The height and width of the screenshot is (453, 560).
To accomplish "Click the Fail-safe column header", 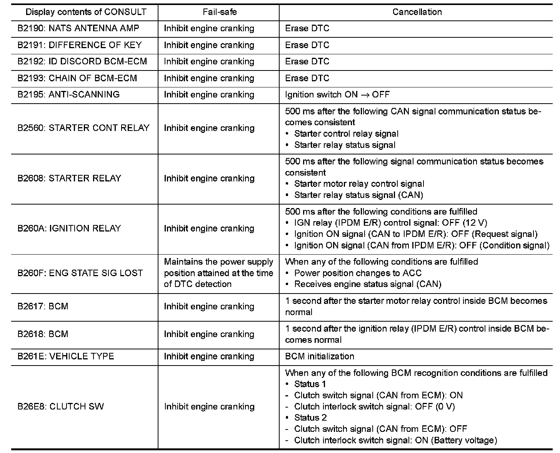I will point(220,12).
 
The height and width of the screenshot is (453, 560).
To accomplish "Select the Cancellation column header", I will point(417,12).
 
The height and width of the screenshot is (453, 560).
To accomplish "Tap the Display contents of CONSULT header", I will point(86,12).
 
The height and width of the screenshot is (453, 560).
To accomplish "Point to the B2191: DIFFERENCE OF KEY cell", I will point(80,45).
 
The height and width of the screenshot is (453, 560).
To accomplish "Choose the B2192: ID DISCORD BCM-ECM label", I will point(82,62).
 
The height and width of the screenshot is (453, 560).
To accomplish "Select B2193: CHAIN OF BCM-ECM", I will point(77,78).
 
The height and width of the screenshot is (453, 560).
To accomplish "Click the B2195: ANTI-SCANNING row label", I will point(68,95).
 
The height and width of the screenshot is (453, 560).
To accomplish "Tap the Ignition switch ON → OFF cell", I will point(337,95).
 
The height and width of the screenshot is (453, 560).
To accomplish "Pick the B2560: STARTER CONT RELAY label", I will point(83,128).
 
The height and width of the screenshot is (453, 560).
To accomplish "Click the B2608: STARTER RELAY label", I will point(69,178).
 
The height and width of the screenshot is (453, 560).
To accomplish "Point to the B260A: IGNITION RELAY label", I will point(69,228).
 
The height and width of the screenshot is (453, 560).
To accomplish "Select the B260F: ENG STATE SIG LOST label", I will point(80,273).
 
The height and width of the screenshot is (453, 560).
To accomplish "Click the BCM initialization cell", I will point(320,356).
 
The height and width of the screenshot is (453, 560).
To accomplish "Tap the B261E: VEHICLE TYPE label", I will point(66,356).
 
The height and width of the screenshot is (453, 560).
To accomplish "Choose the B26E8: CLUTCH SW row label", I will point(60,407).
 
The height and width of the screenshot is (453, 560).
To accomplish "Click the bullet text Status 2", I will point(310,418).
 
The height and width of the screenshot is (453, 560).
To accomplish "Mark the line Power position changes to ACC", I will point(358,273).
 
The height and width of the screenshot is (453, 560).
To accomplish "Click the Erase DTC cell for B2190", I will point(307,29).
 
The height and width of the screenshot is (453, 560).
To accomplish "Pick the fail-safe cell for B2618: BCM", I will point(209,334).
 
